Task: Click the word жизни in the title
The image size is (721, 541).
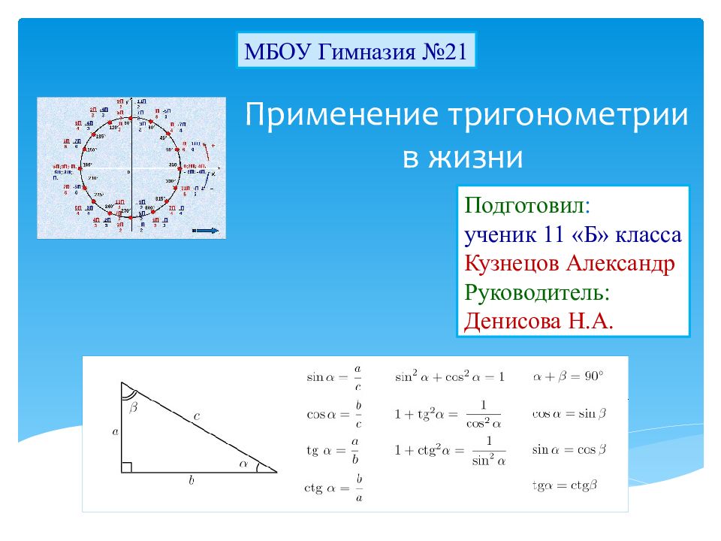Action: (x=475, y=158)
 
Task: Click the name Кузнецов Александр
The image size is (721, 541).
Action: (x=569, y=264)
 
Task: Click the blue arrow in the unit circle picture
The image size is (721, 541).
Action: (x=207, y=231)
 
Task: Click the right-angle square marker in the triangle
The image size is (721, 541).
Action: (x=127, y=467)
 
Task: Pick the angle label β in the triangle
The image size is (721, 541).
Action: (x=134, y=407)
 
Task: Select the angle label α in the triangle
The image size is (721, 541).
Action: (x=243, y=464)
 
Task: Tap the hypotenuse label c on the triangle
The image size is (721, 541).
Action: (x=196, y=415)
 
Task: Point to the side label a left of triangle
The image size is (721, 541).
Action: (x=115, y=431)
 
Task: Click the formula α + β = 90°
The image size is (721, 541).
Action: (x=568, y=376)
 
